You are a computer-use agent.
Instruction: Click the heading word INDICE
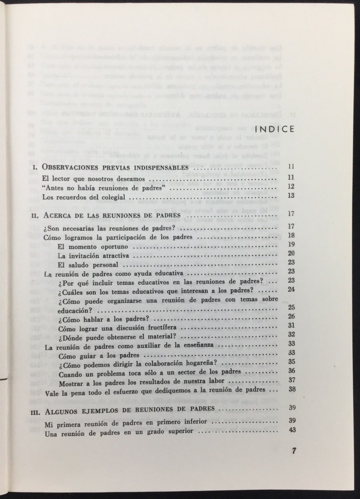pos(275,129)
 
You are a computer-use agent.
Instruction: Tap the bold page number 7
pos(294,450)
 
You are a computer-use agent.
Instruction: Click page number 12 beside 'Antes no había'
pos(291,187)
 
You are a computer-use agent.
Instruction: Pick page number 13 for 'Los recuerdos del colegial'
pos(291,197)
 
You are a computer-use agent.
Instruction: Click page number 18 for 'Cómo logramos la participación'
pos(291,236)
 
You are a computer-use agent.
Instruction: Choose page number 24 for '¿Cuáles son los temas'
pos(291,290)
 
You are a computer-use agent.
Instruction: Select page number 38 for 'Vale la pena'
pos(291,389)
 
